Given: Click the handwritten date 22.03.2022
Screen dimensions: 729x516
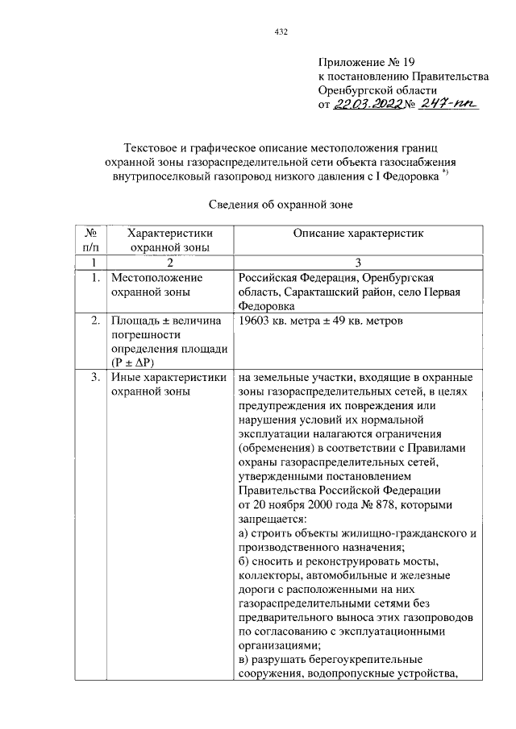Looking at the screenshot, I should (371, 105).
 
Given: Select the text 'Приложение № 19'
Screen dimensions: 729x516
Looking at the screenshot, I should (368, 61).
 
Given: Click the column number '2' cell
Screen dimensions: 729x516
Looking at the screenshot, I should (170, 263).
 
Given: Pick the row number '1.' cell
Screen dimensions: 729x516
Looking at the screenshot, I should (94, 278).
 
